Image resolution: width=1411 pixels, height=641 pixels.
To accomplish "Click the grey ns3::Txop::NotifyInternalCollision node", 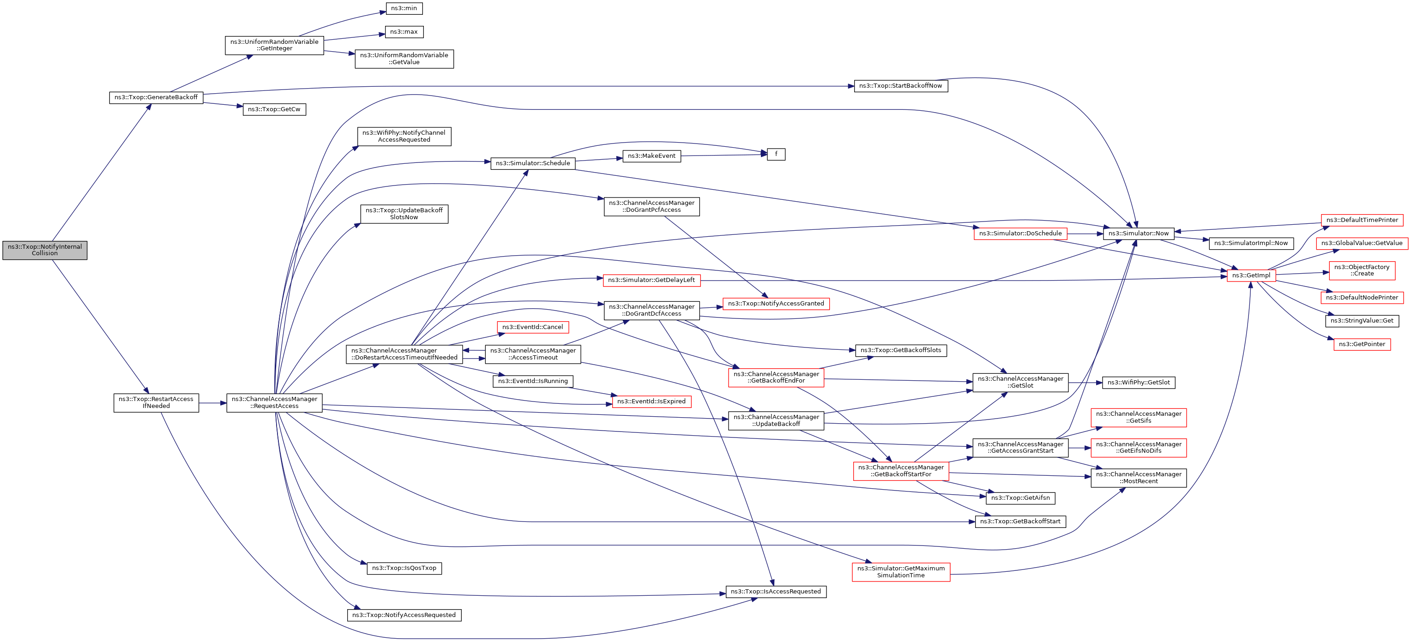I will coord(44,250).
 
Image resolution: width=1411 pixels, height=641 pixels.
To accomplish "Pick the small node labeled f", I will coord(776,154).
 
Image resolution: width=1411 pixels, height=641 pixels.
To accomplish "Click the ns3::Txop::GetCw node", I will coord(274,109).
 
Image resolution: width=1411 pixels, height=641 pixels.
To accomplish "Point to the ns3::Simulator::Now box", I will coord(1138,233).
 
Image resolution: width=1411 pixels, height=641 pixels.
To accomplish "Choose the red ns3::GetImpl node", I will coord(1251,276).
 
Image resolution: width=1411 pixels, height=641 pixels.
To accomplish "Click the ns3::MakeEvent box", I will coord(651,156).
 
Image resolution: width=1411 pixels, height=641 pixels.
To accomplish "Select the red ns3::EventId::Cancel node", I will coord(532,327).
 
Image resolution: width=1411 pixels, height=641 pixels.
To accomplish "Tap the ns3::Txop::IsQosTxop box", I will coord(404,568).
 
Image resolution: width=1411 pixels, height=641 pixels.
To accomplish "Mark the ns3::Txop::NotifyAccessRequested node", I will coord(404,615).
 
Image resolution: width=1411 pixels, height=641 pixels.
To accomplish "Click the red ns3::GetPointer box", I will coord(1362,344).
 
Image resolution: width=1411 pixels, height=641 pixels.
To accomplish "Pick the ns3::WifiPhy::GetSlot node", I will coord(1138,383).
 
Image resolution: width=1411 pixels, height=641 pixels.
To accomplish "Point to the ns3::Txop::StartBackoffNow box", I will coord(900,86).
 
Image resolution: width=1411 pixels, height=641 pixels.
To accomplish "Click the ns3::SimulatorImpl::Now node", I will coord(1251,243).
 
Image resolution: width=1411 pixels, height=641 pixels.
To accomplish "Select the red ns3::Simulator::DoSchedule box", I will coord(1020,234).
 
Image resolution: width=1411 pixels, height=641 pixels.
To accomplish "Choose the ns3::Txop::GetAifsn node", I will coord(1020,498).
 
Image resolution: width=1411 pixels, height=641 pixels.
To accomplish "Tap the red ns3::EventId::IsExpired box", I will coord(651,402).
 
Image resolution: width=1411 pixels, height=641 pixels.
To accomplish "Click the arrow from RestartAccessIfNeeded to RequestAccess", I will coord(212,403).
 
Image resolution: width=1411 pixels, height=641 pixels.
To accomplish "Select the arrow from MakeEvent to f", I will coord(723,156).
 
